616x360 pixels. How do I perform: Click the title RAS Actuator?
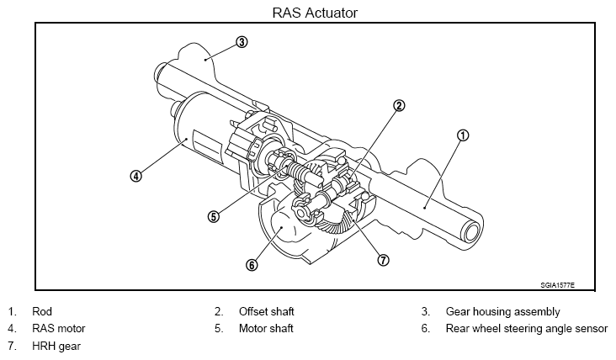[315, 13]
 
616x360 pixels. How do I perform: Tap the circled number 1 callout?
[463, 135]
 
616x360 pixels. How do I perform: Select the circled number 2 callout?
[399, 105]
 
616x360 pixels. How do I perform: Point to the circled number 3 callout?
[242, 42]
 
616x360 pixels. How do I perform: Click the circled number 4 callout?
[136, 176]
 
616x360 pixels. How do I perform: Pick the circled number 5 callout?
[213, 216]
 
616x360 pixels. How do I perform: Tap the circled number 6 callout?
[252, 265]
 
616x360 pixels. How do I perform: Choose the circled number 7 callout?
[384, 260]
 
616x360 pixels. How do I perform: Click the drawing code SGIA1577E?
[557, 285]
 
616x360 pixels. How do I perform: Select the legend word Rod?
[42, 311]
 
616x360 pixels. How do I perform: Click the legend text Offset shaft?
[267, 311]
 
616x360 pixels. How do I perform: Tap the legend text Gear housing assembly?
[503, 312]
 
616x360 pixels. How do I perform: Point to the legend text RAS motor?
[59, 328]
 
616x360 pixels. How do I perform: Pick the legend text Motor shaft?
[266, 328]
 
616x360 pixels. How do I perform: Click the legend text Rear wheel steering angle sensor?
[527, 329]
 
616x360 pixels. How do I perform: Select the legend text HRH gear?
[56, 346]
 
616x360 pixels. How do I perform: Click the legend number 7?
[12, 346]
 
